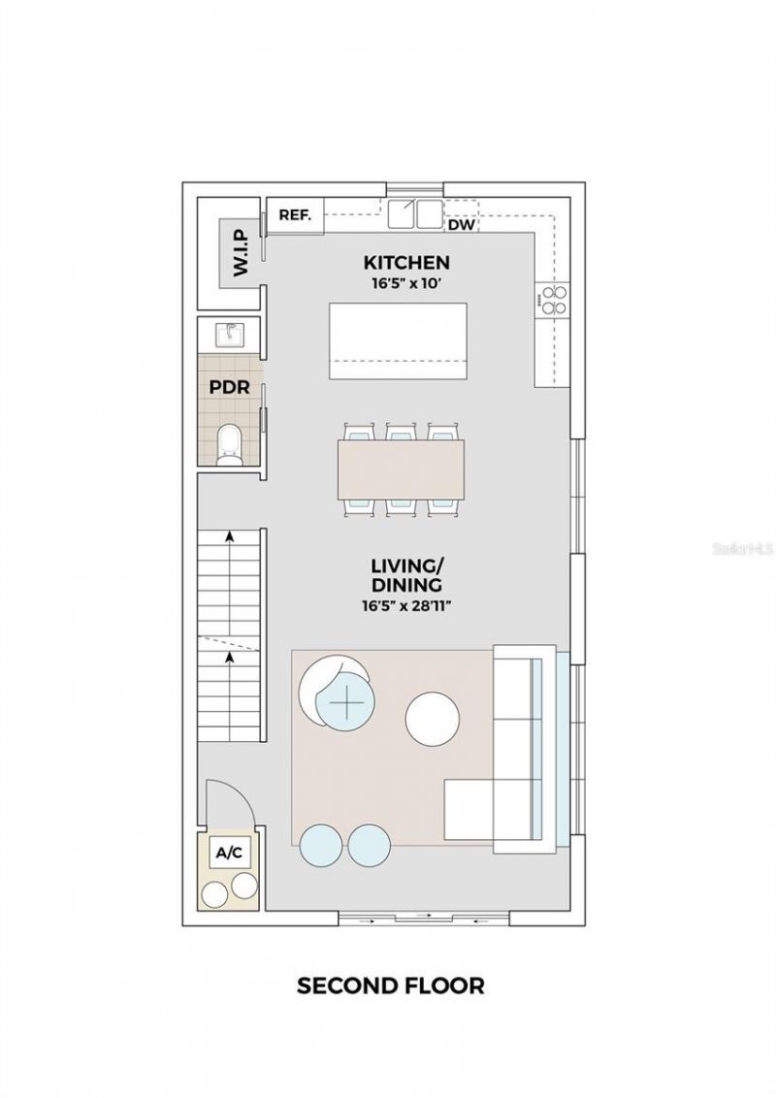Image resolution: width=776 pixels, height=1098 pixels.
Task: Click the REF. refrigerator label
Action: point(294,215)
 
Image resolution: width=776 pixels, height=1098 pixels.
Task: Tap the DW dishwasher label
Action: point(462,225)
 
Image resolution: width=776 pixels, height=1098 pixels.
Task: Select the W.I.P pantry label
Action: point(240,251)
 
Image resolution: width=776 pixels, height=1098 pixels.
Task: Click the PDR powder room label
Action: point(229,387)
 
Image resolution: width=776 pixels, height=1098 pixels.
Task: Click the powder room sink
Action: point(230,335)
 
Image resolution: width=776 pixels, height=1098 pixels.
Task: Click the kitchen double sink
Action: point(416,213)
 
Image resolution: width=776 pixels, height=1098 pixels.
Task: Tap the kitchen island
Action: point(398,340)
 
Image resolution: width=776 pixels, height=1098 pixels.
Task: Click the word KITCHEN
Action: point(406,262)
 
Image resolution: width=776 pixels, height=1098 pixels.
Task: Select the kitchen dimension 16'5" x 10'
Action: point(406,284)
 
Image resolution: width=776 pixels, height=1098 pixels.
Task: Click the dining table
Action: point(401,469)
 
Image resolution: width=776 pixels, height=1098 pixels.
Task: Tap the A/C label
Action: point(229,854)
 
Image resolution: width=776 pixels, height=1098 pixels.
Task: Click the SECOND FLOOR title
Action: point(390,986)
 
